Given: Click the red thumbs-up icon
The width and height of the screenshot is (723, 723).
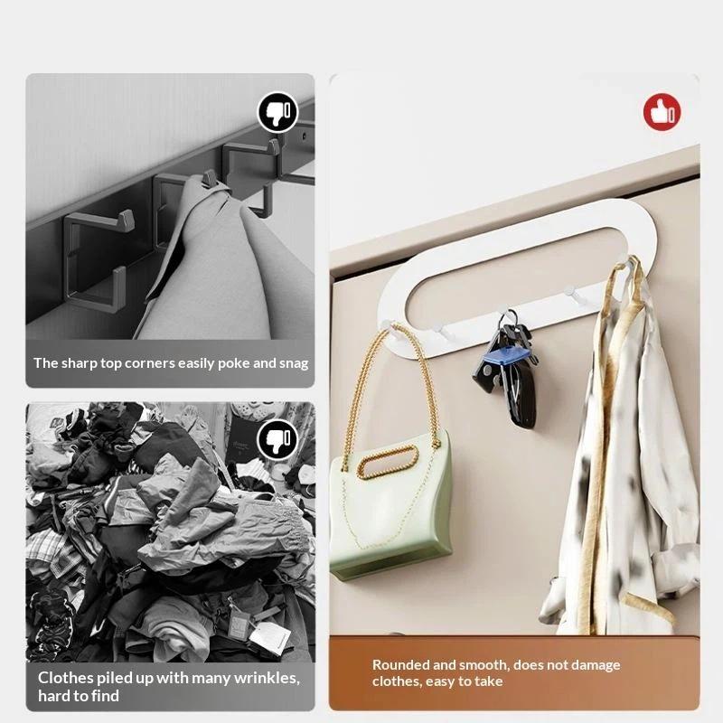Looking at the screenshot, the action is pos(662,112).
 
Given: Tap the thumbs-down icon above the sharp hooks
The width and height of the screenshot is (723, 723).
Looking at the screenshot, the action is pos(278,112).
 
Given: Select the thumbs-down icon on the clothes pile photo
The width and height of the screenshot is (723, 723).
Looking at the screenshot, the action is pos(278,439).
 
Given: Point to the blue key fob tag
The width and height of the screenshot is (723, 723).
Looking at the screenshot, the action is pos(506,356).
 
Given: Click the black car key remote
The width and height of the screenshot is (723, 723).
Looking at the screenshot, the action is pos(521,397).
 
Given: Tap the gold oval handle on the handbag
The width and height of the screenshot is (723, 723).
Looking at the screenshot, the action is pos(388,462).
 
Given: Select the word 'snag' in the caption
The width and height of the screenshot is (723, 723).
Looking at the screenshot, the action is pos(294,364).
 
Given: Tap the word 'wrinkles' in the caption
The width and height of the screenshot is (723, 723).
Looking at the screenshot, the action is pos(267,679).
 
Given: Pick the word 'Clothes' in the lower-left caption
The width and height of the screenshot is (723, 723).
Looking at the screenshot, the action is pos(66,678).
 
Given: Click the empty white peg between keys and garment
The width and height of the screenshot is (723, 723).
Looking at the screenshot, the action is pos(573,296).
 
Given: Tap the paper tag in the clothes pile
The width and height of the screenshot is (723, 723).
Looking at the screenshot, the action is pos(268,639).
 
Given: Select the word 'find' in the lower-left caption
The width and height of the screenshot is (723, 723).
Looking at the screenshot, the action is pos(106,696).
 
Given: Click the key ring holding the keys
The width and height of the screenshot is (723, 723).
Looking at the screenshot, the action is pos(509,318).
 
